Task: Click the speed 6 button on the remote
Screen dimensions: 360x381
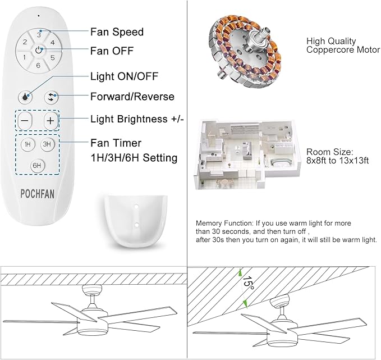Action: tap(39, 65)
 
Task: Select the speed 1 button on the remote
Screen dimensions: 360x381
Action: tap(25, 57)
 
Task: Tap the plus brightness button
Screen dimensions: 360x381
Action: tap(51, 120)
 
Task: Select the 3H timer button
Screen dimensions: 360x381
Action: tap(48, 144)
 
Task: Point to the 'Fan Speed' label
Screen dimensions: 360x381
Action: tap(117, 32)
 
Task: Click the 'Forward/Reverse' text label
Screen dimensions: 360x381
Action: tap(132, 96)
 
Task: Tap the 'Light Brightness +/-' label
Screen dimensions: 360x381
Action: tap(136, 119)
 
